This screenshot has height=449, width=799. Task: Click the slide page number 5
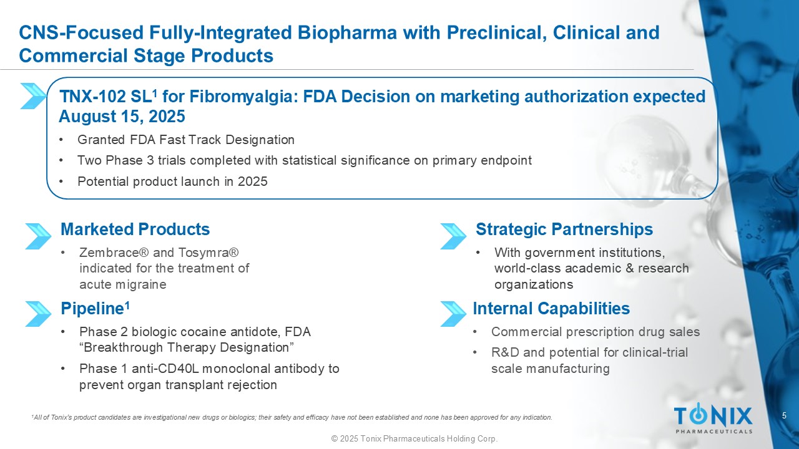click(784, 415)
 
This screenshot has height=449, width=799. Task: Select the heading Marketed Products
click(135, 229)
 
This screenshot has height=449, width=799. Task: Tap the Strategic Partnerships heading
click(564, 229)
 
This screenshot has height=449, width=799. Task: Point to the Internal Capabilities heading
click(551, 309)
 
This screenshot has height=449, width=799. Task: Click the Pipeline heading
click(95, 309)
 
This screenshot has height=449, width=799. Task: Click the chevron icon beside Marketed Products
click(38, 236)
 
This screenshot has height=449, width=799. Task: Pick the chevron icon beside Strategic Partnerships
click(453, 236)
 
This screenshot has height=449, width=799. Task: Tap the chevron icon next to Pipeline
click(38, 314)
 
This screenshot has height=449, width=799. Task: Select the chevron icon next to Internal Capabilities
click(453, 314)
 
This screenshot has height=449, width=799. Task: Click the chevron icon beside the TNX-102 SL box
click(33, 96)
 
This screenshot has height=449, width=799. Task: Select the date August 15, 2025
click(122, 117)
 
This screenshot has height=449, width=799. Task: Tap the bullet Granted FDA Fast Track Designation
click(186, 140)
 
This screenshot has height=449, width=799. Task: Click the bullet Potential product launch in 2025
click(172, 181)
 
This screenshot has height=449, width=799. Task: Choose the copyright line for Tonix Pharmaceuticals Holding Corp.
click(414, 438)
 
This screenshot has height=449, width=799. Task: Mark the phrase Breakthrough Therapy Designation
click(186, 348)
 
